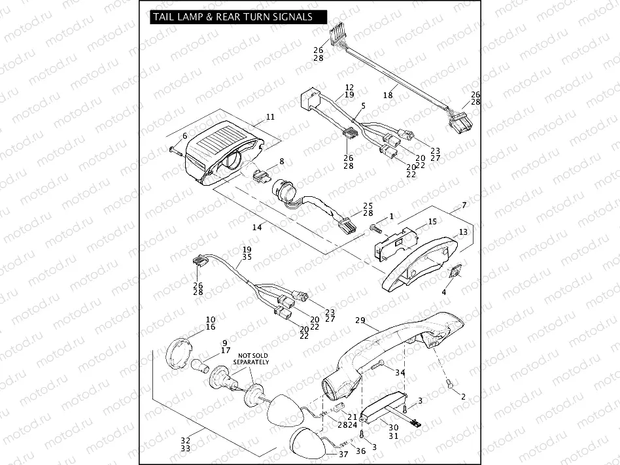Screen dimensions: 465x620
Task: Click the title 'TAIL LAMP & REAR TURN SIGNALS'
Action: tap(232, 17)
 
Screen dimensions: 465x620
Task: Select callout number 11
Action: tap(270, 118)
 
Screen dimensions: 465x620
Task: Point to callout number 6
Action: tap(184, 136)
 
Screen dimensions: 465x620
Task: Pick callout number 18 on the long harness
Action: tap(388, 95)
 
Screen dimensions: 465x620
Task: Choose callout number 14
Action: tap(257, 227)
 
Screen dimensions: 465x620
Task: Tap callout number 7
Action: tap(464, 205)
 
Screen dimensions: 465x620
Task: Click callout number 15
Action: tap(432, 222)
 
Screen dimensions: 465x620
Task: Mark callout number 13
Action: tap(462, 232)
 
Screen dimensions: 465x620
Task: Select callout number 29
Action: tap(359, 321)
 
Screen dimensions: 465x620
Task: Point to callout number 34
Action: tap(400, 372)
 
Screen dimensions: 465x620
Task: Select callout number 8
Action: tap(282, 161)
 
